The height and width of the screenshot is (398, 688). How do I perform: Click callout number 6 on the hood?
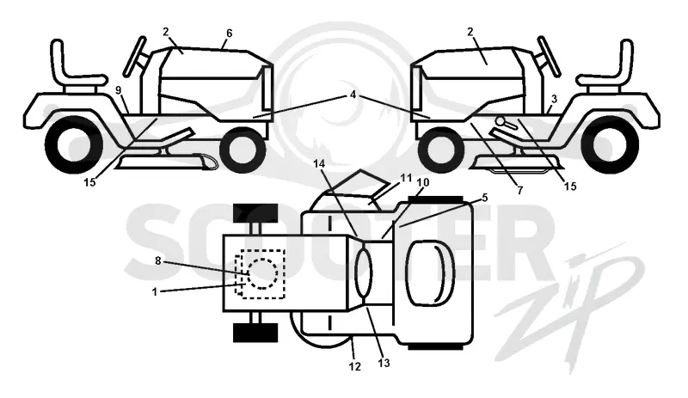229,34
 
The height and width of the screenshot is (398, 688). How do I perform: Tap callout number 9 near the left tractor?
118,90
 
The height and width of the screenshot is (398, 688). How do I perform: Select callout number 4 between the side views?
353,95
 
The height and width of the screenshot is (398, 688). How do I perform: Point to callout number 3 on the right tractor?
554,99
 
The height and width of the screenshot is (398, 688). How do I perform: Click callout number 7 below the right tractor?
520,191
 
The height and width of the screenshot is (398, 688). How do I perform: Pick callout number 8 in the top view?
158,261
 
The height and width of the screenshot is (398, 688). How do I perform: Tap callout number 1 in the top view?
155,291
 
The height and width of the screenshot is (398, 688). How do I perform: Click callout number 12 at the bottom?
354,366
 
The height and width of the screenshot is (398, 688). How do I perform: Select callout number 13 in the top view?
384,363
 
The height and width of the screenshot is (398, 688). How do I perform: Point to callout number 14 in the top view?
319,163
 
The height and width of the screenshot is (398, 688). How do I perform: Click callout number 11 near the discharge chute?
406,178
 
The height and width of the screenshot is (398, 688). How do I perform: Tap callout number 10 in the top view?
423,182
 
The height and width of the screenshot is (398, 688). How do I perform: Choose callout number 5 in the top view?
484,198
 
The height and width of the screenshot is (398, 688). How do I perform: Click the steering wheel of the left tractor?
135,56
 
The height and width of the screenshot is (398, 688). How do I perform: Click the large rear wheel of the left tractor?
74,144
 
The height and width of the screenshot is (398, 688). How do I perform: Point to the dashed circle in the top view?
263,273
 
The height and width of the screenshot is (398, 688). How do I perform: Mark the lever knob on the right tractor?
501,120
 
